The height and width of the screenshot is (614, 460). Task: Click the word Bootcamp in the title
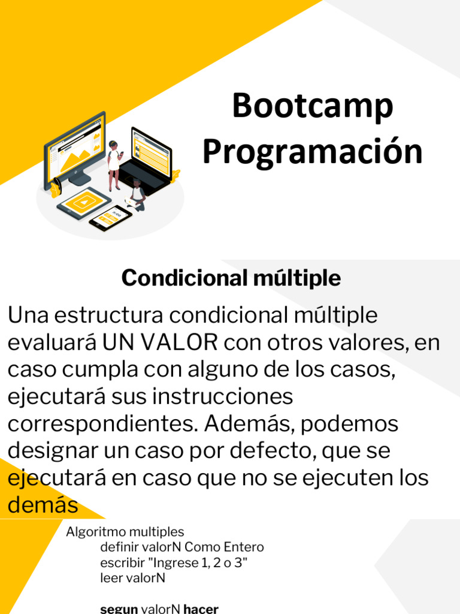click(312, 106)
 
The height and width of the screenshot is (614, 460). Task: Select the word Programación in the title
click(312, 152)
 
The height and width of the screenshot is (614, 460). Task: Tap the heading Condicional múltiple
click(231, 278)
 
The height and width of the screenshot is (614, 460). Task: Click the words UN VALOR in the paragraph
click(160, 342)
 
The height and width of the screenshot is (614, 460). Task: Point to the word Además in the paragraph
click(249, 424)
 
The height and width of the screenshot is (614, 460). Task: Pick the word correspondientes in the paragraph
click(102, 424)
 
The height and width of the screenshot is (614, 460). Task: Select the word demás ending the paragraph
click(43, 506)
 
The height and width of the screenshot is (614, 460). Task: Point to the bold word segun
click(119, 609)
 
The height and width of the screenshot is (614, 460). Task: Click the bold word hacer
click(201, 609)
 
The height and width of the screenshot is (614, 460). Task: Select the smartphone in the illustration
click(110, 218)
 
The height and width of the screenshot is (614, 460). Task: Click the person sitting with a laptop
click(138, 195)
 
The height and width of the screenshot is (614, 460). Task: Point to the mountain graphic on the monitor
click(76, 157)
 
